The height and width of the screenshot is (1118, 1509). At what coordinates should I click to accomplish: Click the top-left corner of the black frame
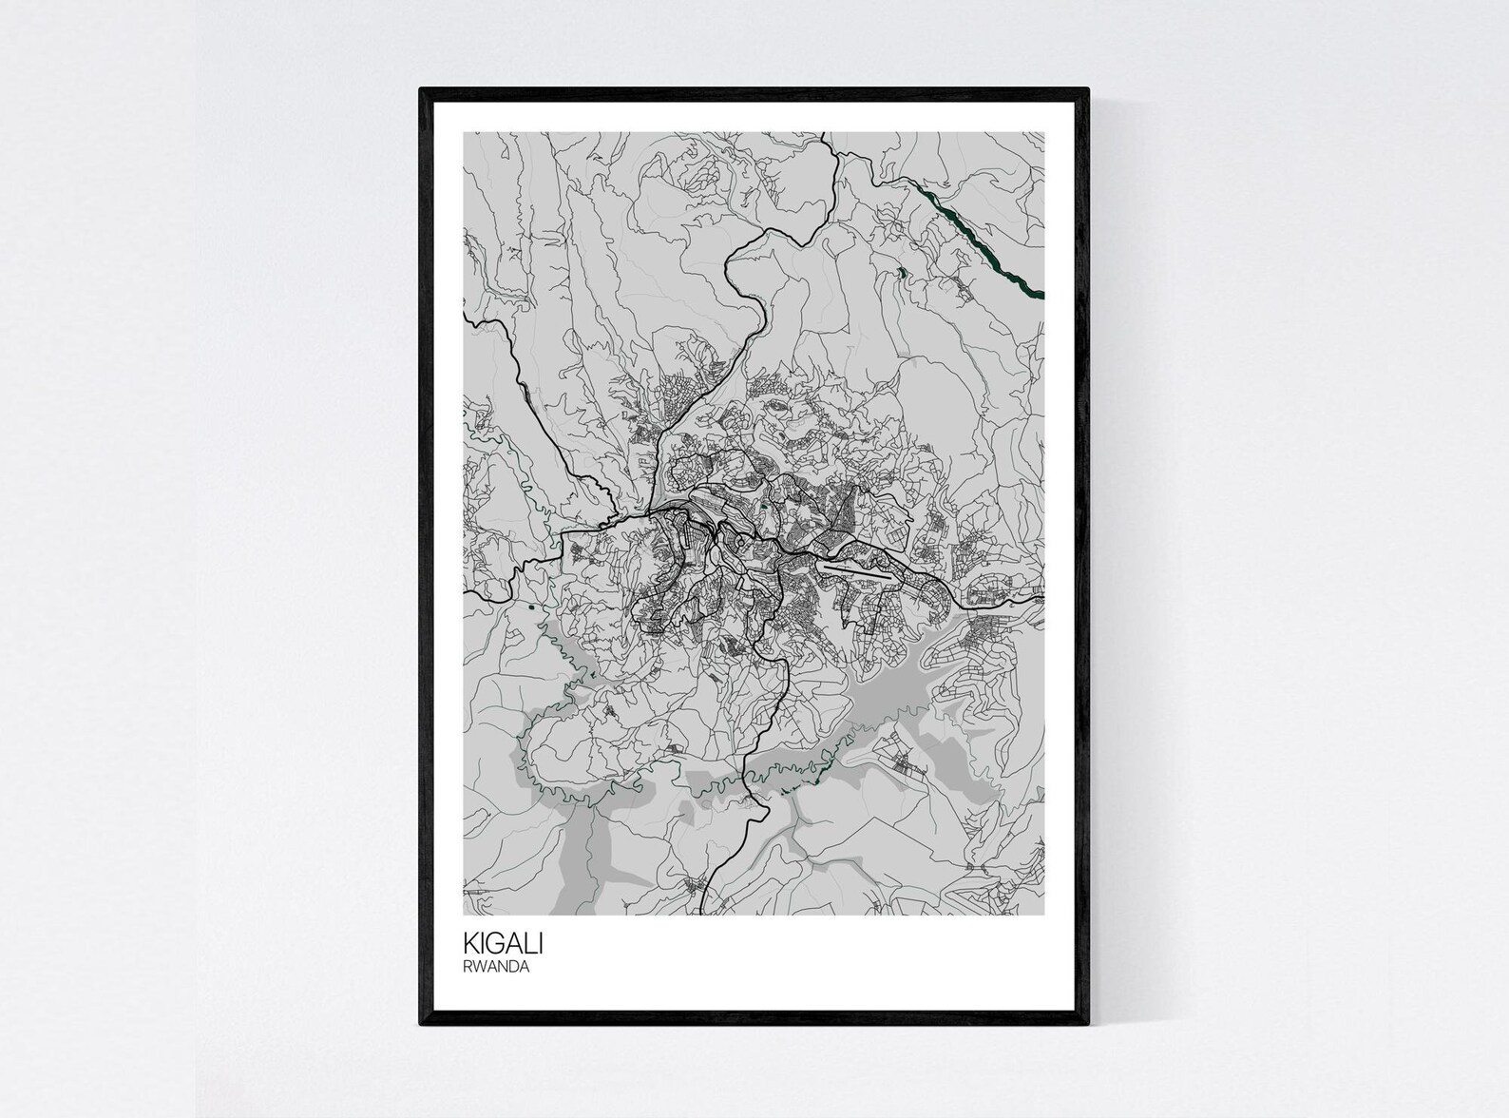(422, 90)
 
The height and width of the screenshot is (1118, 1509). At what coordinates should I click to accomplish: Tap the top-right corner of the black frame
(1086, 90)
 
